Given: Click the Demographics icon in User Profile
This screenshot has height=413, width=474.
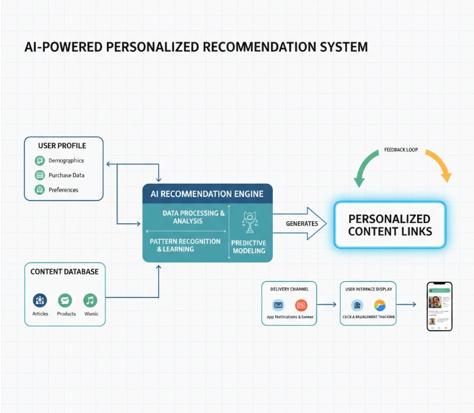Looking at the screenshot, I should click(x=39, y=160).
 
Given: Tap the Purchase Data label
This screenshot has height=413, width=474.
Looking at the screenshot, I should click(x=66, y=175).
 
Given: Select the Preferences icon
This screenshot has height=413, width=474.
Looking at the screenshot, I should click(x=39, y=190).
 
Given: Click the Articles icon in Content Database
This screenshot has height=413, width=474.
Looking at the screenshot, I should click(x=40, y=300).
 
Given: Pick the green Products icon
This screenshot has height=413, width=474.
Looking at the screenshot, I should click(x=65, y=300).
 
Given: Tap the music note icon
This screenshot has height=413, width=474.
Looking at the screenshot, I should click(x=90, y=300).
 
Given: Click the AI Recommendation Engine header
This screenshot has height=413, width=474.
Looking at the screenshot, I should click(x=207, y=194).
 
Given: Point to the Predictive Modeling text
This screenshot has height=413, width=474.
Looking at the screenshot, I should click(x=248, y=247).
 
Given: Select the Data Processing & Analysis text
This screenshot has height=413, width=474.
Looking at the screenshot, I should click(x=185, y=217).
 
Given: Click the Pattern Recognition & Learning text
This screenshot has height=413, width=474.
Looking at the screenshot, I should click(x=184, y=245).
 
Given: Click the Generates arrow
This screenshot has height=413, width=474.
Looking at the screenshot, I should click(x=302, y=224).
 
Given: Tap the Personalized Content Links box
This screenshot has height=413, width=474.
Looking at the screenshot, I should click(x=389, y=225).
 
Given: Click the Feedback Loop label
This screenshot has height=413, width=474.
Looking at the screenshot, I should click(x=401, y=150).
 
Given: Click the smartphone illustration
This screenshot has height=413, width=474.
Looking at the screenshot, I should click(x=439, y=306).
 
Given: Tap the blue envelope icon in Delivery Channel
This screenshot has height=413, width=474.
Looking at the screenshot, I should click(x=278, y=305).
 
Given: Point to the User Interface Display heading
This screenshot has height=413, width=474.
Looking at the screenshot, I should click(x=368, y=289).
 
